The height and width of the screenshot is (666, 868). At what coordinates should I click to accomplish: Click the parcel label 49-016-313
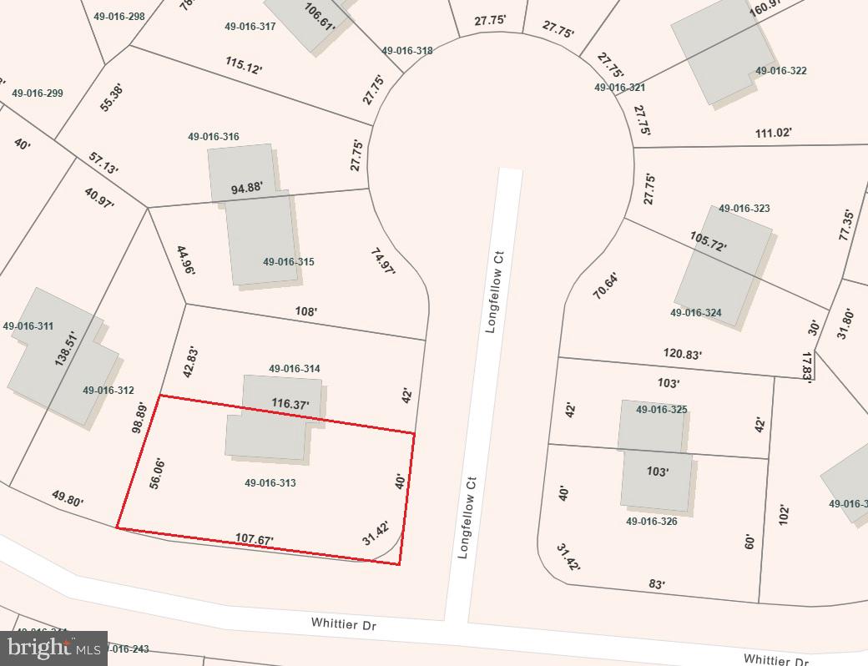[270, 482]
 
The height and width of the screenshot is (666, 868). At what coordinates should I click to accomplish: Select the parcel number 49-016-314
[294, 368]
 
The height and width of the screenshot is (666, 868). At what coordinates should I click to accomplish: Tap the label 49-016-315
[288, 261]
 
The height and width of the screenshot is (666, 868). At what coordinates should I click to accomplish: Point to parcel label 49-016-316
[213, 137]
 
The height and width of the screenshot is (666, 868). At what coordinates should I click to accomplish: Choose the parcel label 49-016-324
[695, 313]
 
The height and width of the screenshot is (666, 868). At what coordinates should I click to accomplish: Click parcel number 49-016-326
[651, 521]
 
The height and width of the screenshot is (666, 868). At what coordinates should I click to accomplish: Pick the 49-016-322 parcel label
[780, 71]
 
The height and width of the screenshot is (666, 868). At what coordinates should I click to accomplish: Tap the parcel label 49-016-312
[108, 390]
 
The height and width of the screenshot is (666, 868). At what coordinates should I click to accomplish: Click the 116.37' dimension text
[290, 404]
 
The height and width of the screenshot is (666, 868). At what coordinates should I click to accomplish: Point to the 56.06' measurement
[156, 473]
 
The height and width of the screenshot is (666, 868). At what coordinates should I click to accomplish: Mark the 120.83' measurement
[683, 354]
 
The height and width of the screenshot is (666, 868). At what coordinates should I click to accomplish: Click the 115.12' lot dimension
[243, 66]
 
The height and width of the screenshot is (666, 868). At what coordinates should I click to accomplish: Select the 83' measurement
[657, 584]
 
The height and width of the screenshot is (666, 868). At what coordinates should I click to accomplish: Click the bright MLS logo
[53, 647]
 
